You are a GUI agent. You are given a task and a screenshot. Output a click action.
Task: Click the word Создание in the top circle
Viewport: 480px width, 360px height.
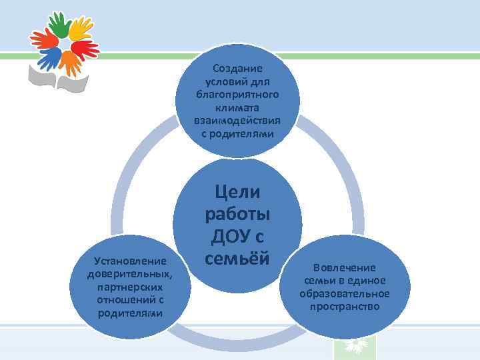pyautogui.click(x=238, y=68)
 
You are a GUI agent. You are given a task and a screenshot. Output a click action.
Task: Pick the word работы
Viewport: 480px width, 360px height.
pyautogui.click(x=238, y=216)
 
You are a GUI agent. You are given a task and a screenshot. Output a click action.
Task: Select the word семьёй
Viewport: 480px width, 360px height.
pyautogui.click(x=238, y=257)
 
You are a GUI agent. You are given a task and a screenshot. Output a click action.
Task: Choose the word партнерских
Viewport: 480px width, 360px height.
pyautogui.click(x=129, y=287)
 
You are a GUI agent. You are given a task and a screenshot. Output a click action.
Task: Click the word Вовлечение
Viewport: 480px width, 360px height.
pyautogui.click(x=344, y=267)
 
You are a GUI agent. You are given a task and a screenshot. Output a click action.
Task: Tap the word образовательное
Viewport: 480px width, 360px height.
pyautogui.click(x=344, y=293)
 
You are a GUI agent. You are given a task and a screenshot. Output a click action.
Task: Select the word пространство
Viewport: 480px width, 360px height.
pyautogui.click(x=344, y=307)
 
